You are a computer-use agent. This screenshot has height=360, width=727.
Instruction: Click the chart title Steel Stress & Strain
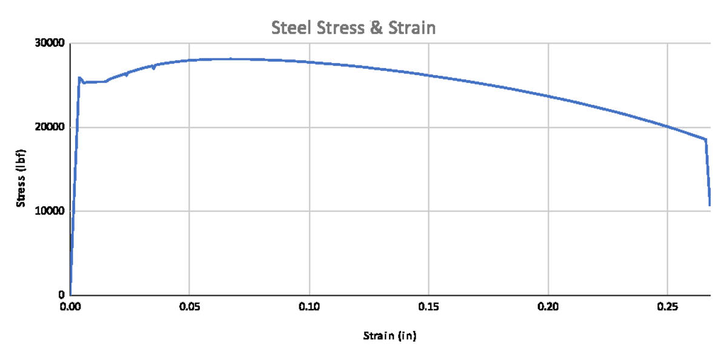(x=353, y=28)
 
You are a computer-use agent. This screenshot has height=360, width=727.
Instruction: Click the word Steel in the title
(x=291, y=28)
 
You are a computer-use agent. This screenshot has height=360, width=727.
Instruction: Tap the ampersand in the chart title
(x=376, y=28)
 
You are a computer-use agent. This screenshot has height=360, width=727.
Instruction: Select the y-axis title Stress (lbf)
(x=21, y=178)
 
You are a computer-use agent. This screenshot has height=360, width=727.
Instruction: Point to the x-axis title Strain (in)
(x=390, y=336)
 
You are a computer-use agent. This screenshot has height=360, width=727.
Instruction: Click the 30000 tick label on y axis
(x=50, y=43)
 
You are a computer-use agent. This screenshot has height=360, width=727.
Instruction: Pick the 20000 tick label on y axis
(x=50, y=127)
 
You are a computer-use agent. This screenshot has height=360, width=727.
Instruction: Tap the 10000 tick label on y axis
(x=50, y=211)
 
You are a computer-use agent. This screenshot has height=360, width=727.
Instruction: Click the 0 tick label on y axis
(x=62, y=295)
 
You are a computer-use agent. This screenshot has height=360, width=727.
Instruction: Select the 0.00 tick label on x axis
(x=70, y=307)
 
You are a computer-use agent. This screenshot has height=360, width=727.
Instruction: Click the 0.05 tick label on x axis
(x=190, y=307)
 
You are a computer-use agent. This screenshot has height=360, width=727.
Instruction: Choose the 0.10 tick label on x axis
(x=310, y=307)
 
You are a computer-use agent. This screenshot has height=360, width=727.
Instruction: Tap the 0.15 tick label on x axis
(x=429, y=307)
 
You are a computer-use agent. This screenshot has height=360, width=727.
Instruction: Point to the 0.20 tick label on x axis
(x=548, y=307)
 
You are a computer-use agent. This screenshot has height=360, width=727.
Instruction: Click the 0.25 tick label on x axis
(x=668, y=307)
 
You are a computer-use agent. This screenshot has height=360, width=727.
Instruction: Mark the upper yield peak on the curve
(x=79, y=78)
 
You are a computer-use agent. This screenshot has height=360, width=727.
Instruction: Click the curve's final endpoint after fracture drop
(x=710, y=205)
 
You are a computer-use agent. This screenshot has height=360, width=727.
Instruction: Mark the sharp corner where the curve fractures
(x=705, y=139)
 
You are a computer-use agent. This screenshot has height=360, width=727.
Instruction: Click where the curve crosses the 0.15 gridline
(x=429, y=76)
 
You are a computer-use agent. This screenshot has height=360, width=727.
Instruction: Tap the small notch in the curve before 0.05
(x=154, y=68)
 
